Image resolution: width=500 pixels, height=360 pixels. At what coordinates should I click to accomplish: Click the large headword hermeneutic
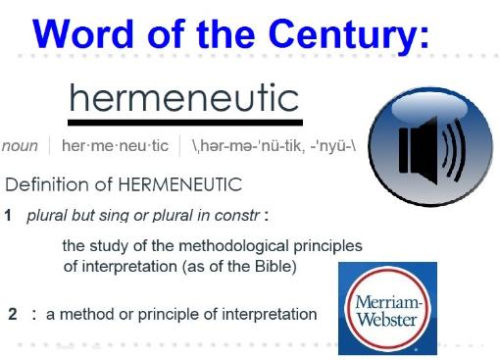(184, 97)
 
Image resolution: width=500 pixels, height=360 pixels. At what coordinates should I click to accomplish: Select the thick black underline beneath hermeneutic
(185, 123)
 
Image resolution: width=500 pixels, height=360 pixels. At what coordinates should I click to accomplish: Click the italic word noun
(20, 146)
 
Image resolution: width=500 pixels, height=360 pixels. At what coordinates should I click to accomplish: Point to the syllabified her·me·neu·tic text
(115, 145)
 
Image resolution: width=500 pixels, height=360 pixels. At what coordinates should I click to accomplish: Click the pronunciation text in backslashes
(274, 146)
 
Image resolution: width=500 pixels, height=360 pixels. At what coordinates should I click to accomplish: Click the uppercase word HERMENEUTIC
(180, 184)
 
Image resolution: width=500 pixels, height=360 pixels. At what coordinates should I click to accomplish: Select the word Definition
(47, 184)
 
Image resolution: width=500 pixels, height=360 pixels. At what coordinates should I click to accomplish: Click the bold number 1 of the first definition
(8, 216)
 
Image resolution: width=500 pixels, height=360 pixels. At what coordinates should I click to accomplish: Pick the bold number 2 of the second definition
(13, 314)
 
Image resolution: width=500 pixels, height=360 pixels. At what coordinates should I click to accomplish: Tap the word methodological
(234, 246)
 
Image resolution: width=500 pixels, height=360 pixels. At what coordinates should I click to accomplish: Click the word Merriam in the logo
(388, 302)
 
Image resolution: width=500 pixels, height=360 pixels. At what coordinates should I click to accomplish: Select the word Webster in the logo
(387, 319)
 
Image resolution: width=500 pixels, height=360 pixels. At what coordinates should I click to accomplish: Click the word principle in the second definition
(169, 315)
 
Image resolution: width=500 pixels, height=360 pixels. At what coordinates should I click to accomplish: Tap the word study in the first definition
(109, 246)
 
